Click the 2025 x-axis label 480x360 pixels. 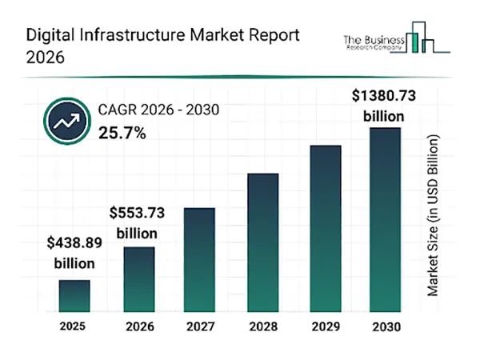click(74, 326)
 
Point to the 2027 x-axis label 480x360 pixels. click(200, 327)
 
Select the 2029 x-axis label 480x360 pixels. click(325, 327)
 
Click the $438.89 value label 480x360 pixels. click(74, 251)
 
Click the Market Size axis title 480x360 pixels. click(434, 216)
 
